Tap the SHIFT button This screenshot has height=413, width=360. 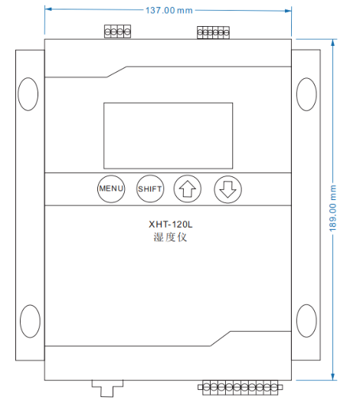point(149,188)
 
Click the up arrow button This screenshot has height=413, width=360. point(187,188)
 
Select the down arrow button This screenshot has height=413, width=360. point(226,188)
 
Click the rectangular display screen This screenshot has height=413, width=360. point(168,136)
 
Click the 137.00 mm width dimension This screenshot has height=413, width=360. point(169,10)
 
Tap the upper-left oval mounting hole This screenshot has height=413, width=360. point(28,92)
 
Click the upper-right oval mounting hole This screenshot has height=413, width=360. point(305,92)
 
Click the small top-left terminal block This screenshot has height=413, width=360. point(117,31)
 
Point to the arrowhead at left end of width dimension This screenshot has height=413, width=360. point(49,10)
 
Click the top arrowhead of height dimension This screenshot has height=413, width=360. point(333,43)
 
